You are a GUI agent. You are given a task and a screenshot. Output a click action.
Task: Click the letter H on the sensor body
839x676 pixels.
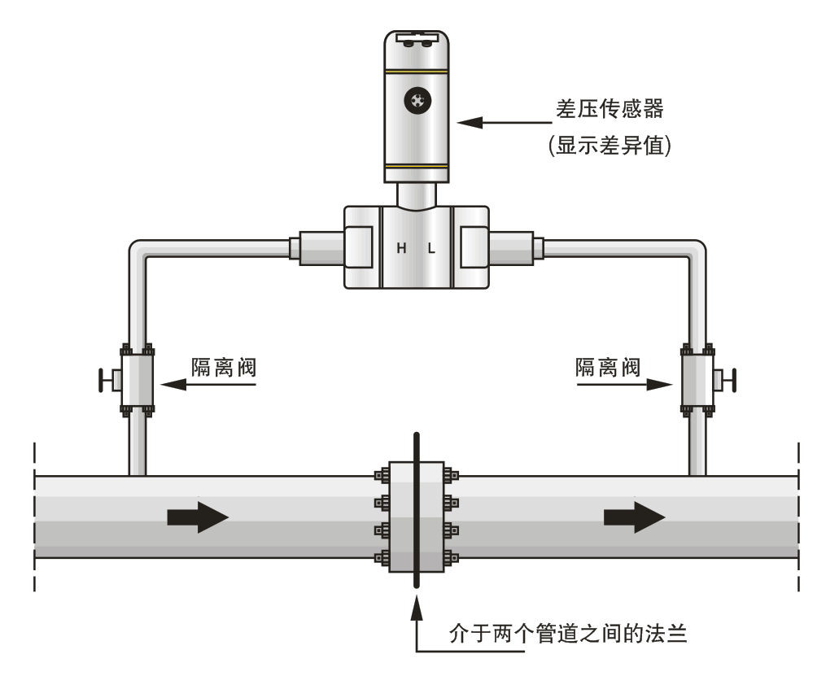401,249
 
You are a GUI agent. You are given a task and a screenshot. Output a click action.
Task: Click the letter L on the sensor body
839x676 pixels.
431,249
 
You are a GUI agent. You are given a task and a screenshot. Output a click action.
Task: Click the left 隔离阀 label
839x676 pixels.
224,368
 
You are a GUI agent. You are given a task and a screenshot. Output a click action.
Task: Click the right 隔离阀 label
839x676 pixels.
608,368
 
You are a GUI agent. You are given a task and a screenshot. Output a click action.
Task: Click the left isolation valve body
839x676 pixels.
137,380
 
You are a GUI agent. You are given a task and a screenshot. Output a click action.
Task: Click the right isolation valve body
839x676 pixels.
697,380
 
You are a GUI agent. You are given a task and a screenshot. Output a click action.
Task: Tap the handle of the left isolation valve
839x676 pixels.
103,380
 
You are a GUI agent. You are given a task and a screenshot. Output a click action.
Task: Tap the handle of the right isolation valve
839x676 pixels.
732,380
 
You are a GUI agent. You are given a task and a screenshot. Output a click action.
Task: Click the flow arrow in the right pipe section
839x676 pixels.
634,517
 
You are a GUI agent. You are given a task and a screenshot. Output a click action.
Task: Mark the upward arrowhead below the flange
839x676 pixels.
417,605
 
